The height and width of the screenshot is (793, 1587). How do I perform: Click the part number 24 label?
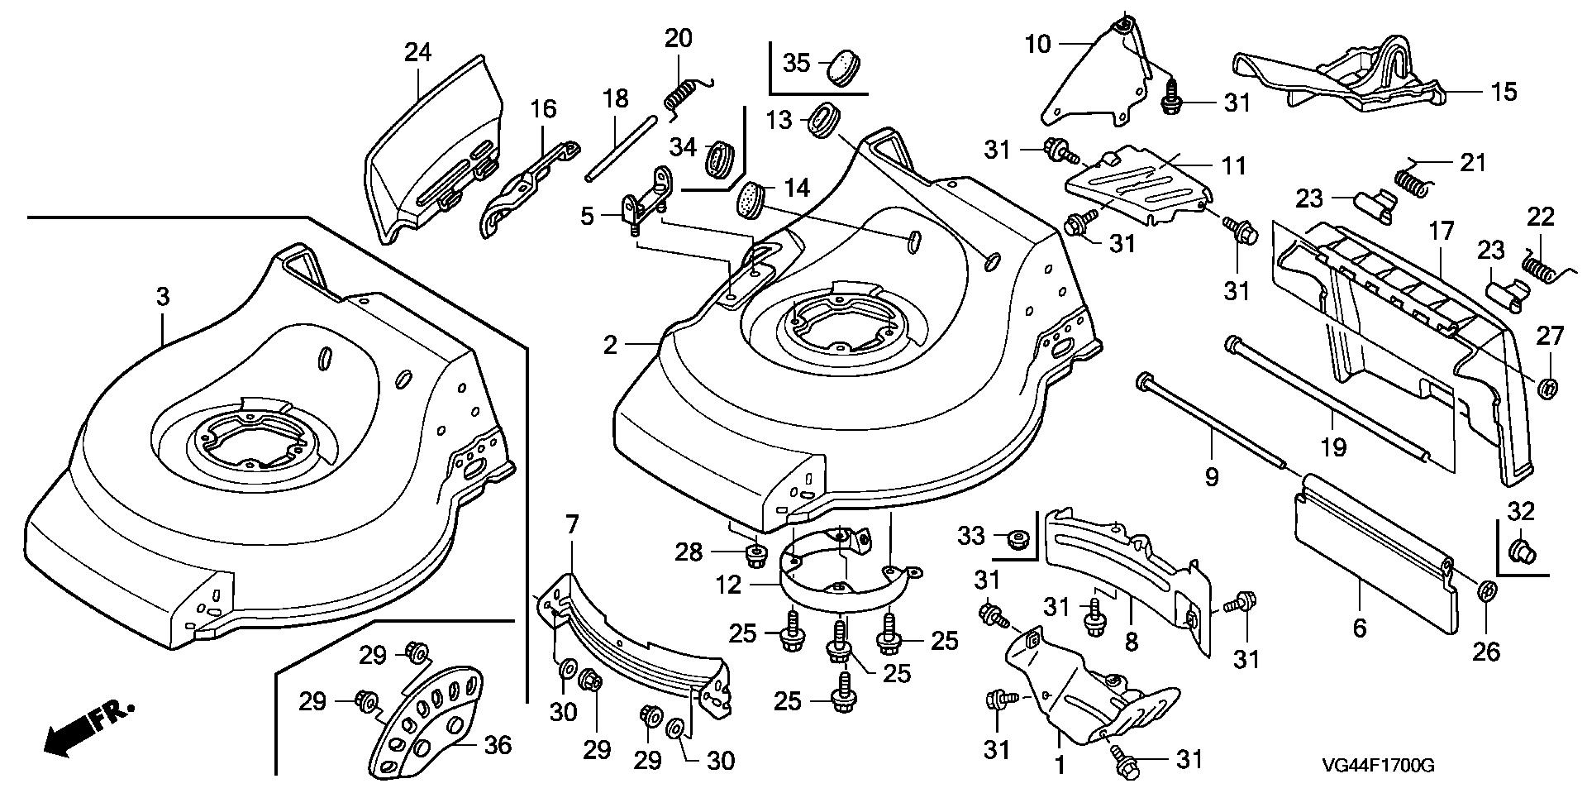417,53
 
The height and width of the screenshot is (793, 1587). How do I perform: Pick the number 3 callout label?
163,297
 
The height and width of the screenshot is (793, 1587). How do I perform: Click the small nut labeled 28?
754,554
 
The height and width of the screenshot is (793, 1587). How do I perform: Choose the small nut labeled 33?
1014,538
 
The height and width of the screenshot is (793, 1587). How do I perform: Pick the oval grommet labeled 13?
824,121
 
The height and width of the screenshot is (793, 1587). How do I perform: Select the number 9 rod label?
1211,477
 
